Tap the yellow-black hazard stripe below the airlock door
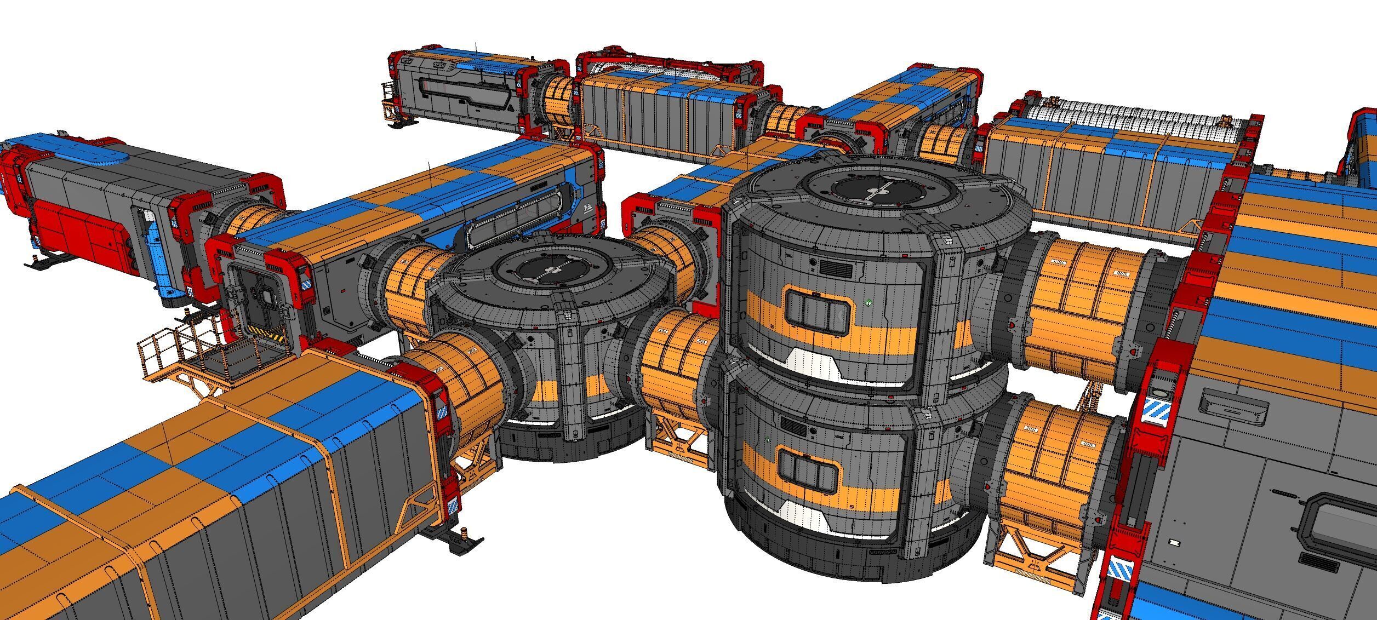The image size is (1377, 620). tap(268, 332)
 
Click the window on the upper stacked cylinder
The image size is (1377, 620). tap(818, 312)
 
